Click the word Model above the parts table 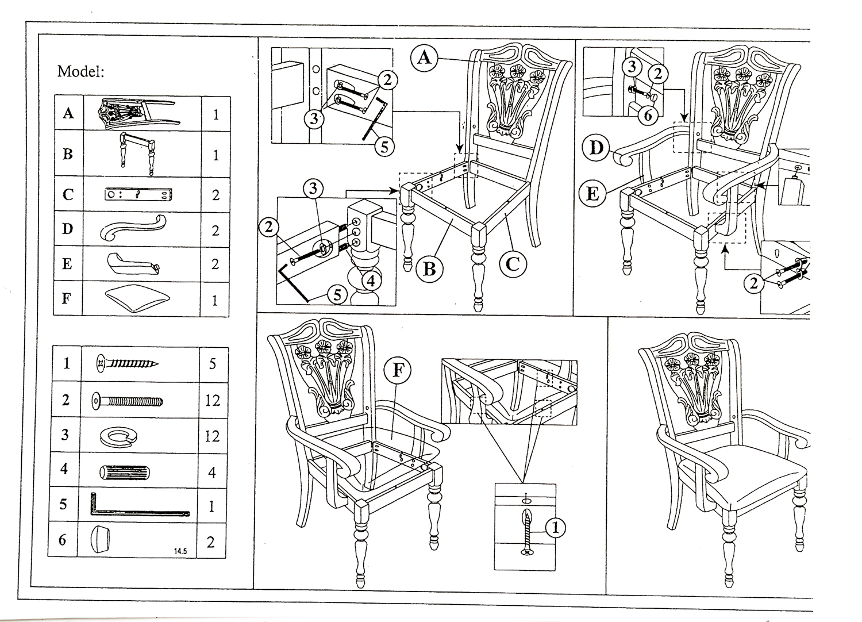click(x=80, y=72)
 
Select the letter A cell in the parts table click(x=68, y=113)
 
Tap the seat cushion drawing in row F click(x=138, y=298)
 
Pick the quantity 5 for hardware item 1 click(x=213, y=363)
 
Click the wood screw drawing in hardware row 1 click(x=127, y=363)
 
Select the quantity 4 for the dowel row click(x=212, y=473)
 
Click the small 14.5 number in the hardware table click(x=180, y=551)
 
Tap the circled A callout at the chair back click(x=424, y=58)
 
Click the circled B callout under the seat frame click(x=429, y=268)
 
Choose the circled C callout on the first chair click(x=513, y=264)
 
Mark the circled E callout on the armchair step click(x=592, y=193)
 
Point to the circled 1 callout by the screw click(x=554, y=527)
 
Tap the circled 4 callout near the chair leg click(x=371, y=282)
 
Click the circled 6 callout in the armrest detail click(x=648, y=116)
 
